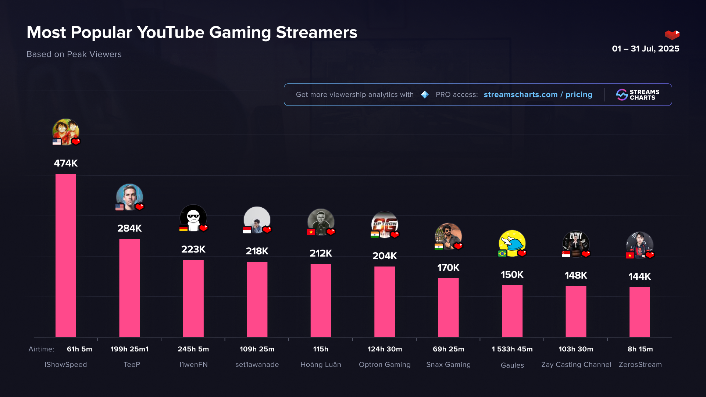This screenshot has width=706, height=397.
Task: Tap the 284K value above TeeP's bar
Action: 129,228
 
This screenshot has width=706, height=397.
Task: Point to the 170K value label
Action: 448,268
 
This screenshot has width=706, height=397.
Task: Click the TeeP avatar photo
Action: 129,197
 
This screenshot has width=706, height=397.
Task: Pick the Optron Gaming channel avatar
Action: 385,224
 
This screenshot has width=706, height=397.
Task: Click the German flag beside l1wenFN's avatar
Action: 183,229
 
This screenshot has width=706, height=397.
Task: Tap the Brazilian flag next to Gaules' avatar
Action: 502,254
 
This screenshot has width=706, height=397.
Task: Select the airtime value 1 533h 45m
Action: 512,349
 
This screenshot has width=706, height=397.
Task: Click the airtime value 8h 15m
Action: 640,349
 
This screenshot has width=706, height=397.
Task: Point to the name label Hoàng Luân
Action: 321,365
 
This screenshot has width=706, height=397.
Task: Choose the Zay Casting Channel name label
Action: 576,365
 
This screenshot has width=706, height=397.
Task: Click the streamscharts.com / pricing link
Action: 538,95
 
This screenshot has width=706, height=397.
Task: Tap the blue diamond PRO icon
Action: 425,95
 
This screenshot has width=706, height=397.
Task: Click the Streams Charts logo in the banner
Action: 638,95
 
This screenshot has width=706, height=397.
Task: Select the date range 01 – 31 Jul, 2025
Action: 645,49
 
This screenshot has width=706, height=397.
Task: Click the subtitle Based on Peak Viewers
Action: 74,54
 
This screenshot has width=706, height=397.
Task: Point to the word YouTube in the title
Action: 171,32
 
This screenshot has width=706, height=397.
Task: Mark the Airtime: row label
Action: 41,349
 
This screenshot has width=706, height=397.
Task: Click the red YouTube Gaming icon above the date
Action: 672,35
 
